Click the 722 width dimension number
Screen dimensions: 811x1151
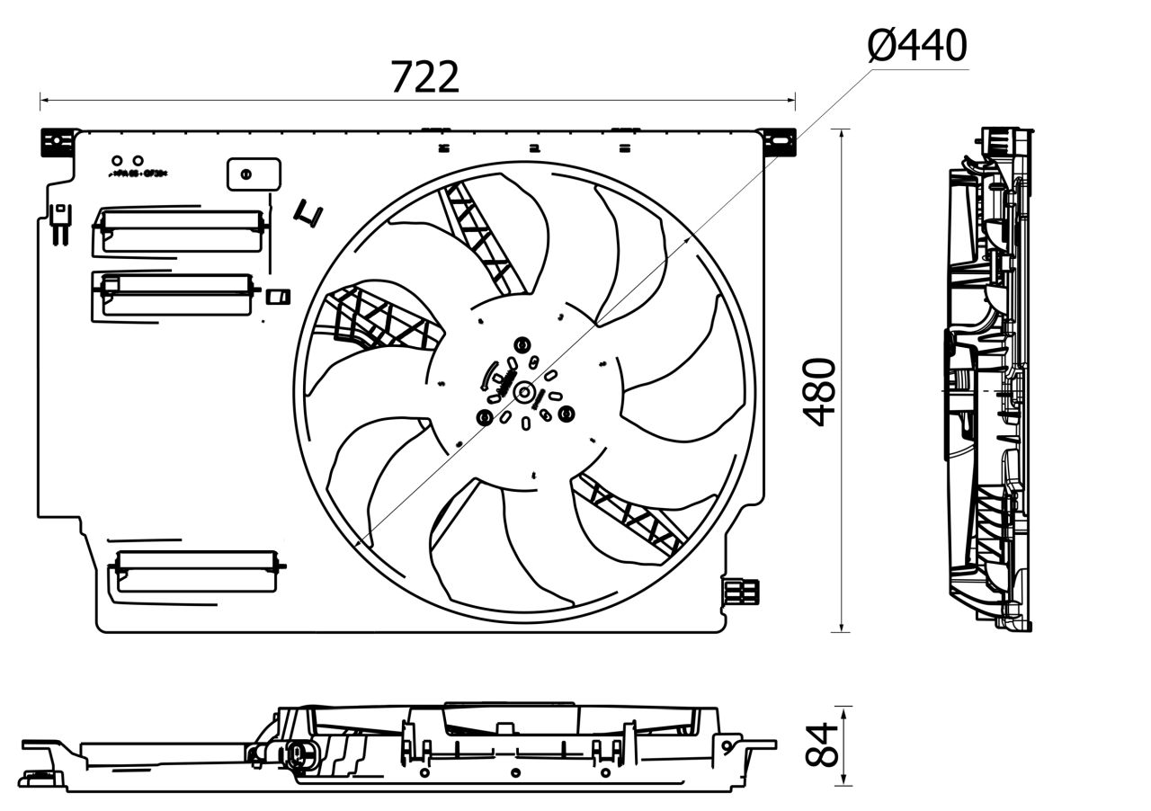pyautogui.click(x=424, y=77)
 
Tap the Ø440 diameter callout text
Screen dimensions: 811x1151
pyautogui.click(x=917, y=45)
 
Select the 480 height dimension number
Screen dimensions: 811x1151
pyautogui.click(x=819, y=391)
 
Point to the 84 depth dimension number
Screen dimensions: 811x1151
pyautogui.click(x=821, y=744)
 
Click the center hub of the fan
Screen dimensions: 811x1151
pyautogui.click(x=523, y=390)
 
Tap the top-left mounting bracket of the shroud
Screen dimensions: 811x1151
pyautogui.click(x=56, y=141)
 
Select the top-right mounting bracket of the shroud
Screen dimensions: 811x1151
pyautogui.click(x=779, y=141)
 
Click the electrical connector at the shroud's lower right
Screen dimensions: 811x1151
pyautogui.click(x=742, y=591)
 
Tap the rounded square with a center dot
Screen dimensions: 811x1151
pyautogui.click(x=253, y=174)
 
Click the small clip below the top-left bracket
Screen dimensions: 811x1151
pyautogui.click(x=60, y=223)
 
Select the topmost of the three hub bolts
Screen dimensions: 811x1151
pyautogui.click(x=522, y=344)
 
